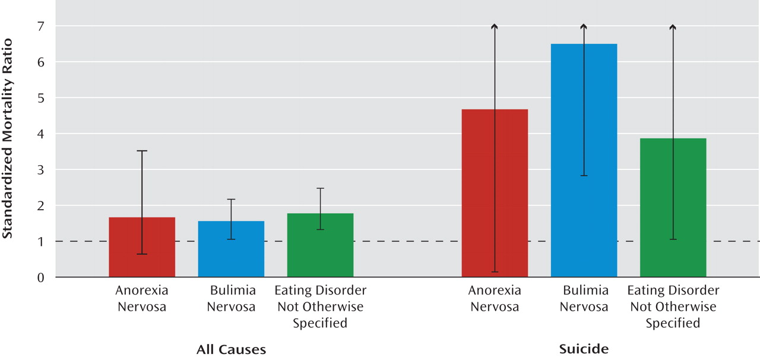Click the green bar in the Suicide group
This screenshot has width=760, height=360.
673,208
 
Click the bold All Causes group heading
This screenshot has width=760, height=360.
231,349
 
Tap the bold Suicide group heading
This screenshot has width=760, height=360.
584,349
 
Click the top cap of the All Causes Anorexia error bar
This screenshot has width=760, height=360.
142,151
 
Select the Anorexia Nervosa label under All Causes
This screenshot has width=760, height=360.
142,299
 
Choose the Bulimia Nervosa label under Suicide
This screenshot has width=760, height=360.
584,299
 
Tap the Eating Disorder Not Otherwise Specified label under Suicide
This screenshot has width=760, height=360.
673,307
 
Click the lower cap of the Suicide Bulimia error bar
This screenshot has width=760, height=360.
584,176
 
